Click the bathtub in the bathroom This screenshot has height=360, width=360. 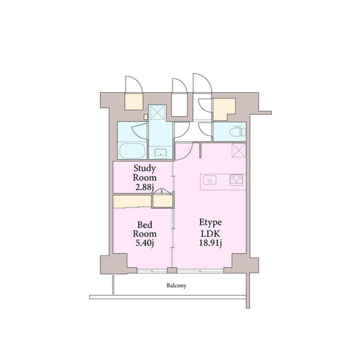[133, 151]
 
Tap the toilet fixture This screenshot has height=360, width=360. [237, 132]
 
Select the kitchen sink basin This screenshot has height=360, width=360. [210, 180]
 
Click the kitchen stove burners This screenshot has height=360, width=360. [236, 180]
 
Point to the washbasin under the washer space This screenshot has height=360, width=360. [161, 153]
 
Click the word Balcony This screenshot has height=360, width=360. [176, 285]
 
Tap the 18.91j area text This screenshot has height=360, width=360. [210, 243]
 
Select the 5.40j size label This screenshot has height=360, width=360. [145, 243]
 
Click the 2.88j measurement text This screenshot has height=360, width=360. [145, 187]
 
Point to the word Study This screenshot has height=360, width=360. [145, 168]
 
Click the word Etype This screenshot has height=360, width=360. [210, 223]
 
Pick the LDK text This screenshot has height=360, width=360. [210, 233]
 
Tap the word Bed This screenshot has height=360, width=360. [145, 224]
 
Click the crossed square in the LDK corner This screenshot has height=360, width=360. [238, 150]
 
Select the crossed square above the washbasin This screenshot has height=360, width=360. [157, 112]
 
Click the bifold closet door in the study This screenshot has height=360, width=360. [162, 191]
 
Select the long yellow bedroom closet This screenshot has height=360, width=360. [132, 201]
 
